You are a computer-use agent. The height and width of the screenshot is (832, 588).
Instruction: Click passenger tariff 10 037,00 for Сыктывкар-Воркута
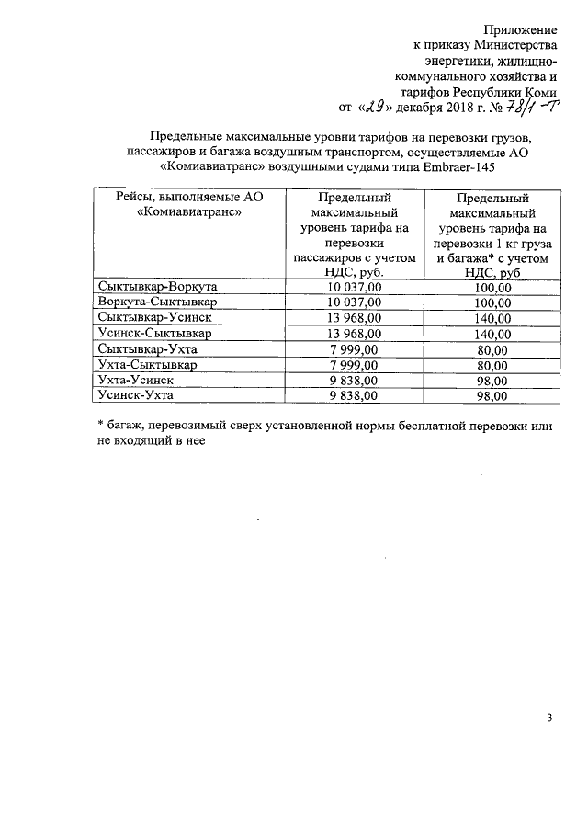pos(360,287)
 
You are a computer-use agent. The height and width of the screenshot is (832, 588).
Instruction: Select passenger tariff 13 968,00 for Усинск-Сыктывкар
pos(360,333)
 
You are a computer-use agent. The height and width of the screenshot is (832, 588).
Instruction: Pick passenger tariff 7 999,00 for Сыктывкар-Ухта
pos(360,348)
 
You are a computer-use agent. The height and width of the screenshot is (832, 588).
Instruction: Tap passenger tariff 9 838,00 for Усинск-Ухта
pos(360,395)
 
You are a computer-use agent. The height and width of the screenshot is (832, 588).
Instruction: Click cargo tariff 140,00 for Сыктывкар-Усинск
pos(492,318)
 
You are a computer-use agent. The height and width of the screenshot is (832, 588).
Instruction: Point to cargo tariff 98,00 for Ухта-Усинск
pos(492,381)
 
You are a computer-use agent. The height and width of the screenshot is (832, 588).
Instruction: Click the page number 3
pos(549,718)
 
